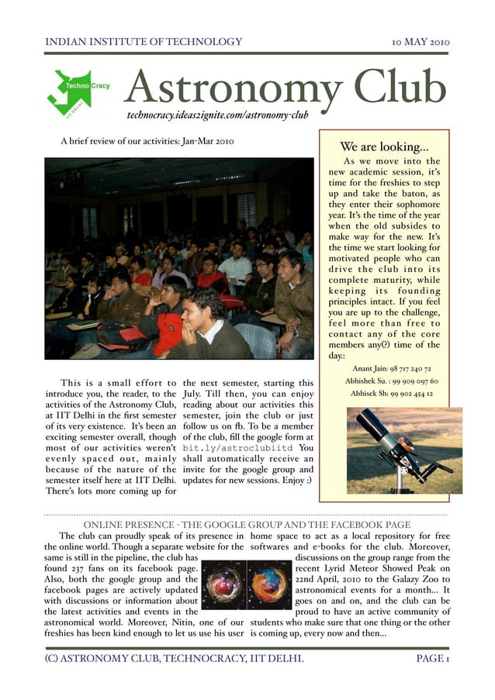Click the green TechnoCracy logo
pyautogui.click(x=78, y=92)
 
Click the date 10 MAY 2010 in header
pyautogui.click(x=421, y=42)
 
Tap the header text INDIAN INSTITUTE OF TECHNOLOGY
pyautogui.click(x=144, y=42)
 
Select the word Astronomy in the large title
pyautogui.click(x=232, y=89)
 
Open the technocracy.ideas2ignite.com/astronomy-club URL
pyautogui.click(x=218, y=115)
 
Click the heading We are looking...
pyautogui.click(x=384, y=147)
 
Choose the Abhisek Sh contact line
pyautogui.click(x=392, y=393)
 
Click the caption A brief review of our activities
pyautogui.click(x=147, y=141)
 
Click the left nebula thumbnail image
pyautogui.click(x=223, y=584)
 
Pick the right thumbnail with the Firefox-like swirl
pyautogui.click(x=269, y=584)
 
